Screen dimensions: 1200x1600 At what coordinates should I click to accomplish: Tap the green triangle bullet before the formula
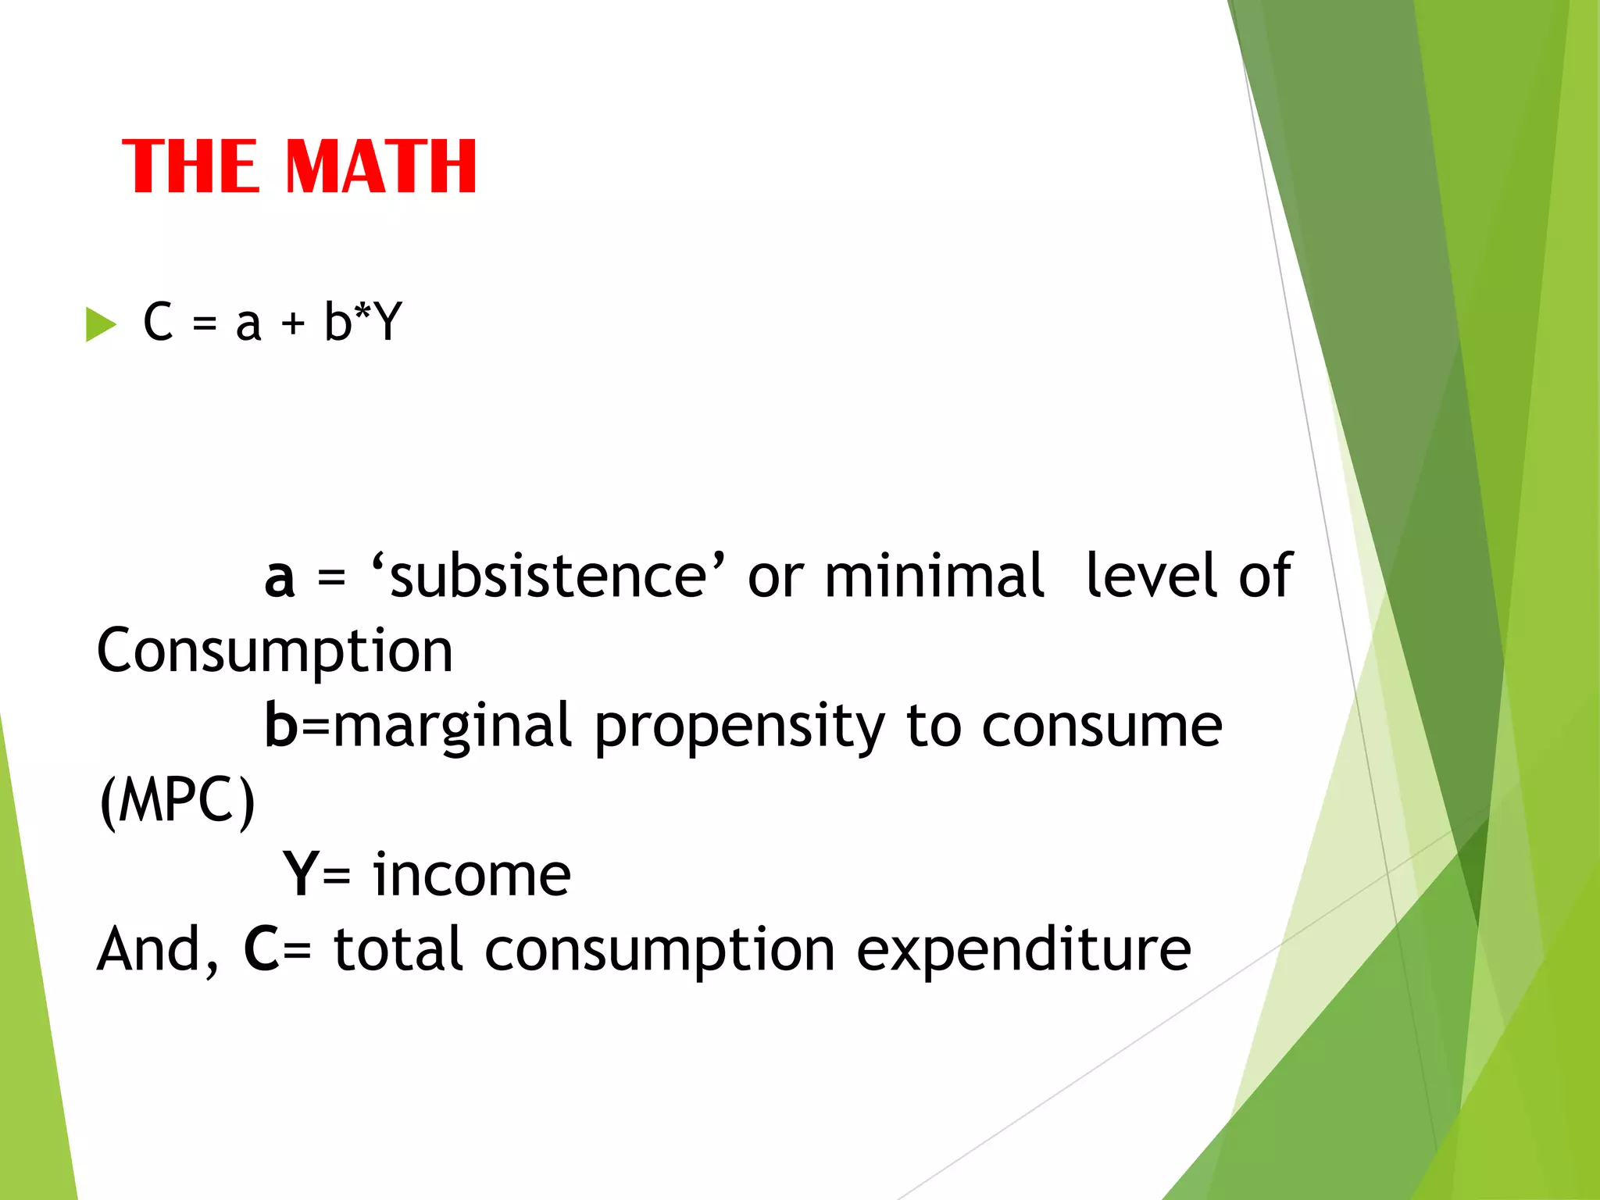(100, 324)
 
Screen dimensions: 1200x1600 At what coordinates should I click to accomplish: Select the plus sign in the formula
(293, 323)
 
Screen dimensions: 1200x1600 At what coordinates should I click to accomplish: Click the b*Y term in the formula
(363, 321)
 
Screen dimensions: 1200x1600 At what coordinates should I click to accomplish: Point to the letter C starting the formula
(158, 321)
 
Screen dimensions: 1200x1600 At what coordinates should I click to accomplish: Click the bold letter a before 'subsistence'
(280, 578)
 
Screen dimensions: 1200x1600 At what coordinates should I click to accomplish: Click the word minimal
(934, 576)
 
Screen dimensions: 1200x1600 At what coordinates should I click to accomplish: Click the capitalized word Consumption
(275, 651)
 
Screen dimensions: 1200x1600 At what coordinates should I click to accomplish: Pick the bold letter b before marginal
(281, 724)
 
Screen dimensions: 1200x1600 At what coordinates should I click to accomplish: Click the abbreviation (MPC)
(177, 801)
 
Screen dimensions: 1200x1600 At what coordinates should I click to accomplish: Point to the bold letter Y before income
(302, 874)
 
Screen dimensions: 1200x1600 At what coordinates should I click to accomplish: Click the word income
(472, 874)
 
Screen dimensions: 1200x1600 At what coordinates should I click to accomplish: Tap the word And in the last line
(148, 949)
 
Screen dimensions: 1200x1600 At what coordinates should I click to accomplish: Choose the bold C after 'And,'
(262, 949)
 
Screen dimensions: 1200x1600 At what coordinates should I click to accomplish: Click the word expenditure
(1023, 951)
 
